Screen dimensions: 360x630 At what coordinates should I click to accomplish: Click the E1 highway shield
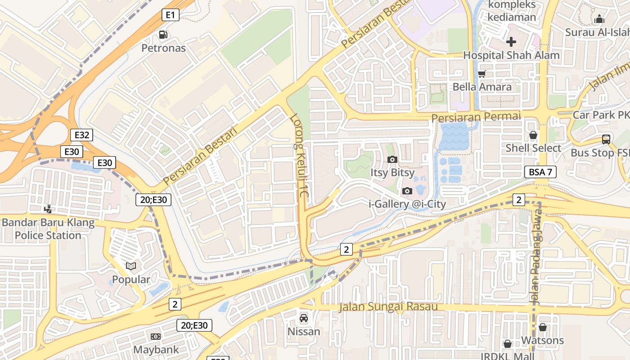[170, 15]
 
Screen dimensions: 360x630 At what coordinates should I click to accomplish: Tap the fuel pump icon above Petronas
[163, 35]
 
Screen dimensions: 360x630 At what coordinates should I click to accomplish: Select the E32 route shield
[81, 135]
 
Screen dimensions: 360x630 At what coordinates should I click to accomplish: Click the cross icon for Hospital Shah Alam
[511, 42]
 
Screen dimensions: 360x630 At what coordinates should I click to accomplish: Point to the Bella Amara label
[482, 87]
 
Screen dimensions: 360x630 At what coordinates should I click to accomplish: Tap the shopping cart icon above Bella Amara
[482, 74]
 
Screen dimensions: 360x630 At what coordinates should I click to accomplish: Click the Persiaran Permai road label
[476, 117]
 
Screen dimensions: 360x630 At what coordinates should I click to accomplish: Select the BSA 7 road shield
[540, 172]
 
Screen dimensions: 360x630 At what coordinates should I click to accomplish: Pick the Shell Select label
[533, 148]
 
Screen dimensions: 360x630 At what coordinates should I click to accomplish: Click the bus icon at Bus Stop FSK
[606, 139]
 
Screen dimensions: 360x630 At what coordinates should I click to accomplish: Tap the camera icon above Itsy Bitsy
[392, 159]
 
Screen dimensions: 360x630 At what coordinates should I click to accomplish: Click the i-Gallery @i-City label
[407, 204]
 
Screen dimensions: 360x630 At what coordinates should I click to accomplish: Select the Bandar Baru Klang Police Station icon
[48, 209]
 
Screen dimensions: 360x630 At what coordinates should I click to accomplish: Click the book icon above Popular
[131, 266]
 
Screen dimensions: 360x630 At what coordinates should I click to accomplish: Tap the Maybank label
[156, 350]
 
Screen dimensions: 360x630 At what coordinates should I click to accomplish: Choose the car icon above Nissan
[304, 318]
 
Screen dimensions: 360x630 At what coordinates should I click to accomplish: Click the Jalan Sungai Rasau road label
[388, 307]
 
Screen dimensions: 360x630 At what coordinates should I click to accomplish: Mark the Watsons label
[542, 340]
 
